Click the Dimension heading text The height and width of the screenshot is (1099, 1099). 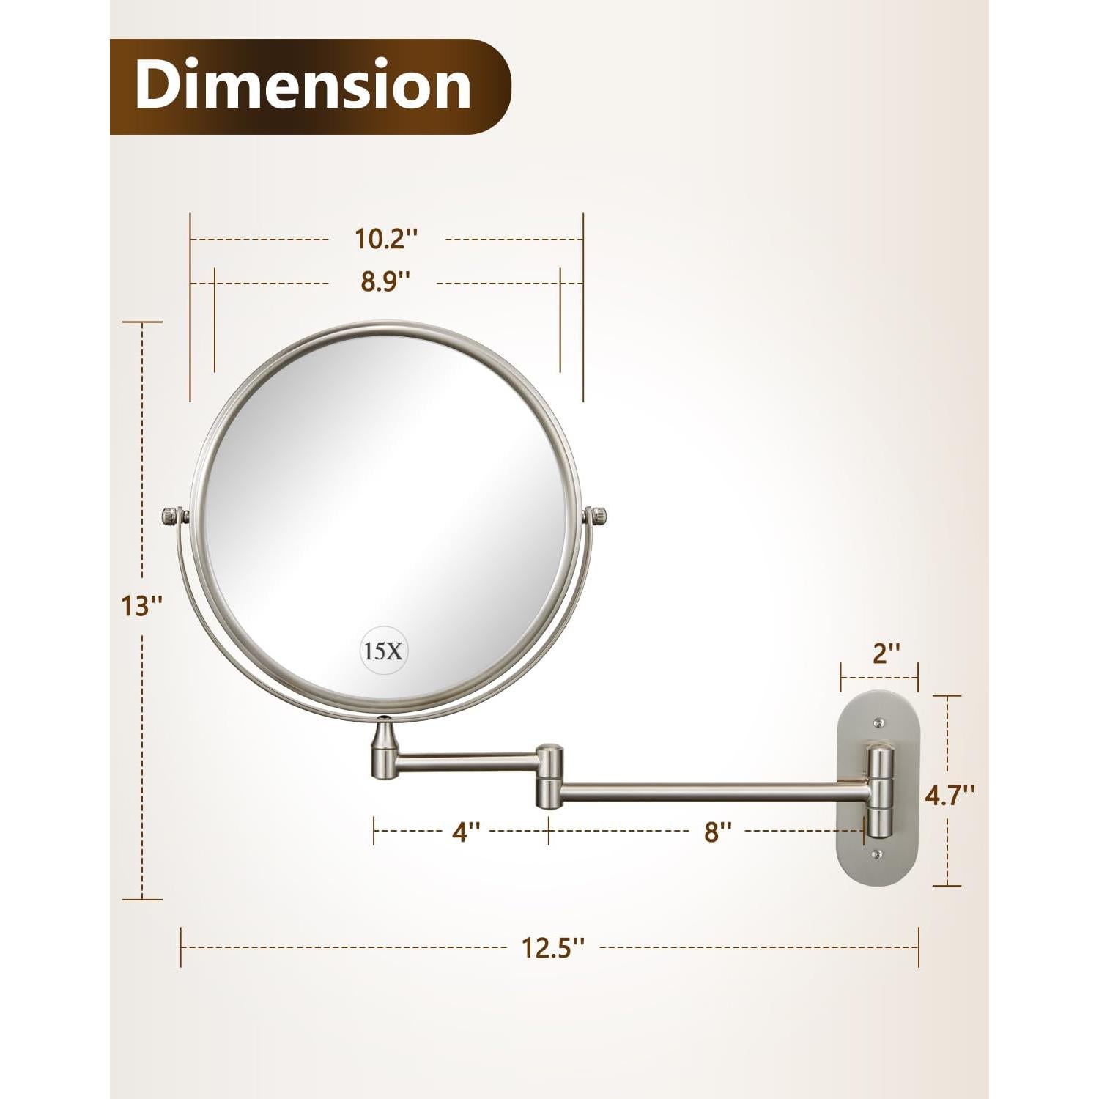pyautogui.click(x=303, y=86)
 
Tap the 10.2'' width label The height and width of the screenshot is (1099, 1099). pyautogui.click(x=386, y=239)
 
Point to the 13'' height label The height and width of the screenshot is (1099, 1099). pyautogui.click(x=142, y=605)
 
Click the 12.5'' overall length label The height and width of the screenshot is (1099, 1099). pyautogui.click(x=553, y=947)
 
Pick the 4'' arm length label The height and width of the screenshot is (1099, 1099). pyautogui.click(x=465, y=832)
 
